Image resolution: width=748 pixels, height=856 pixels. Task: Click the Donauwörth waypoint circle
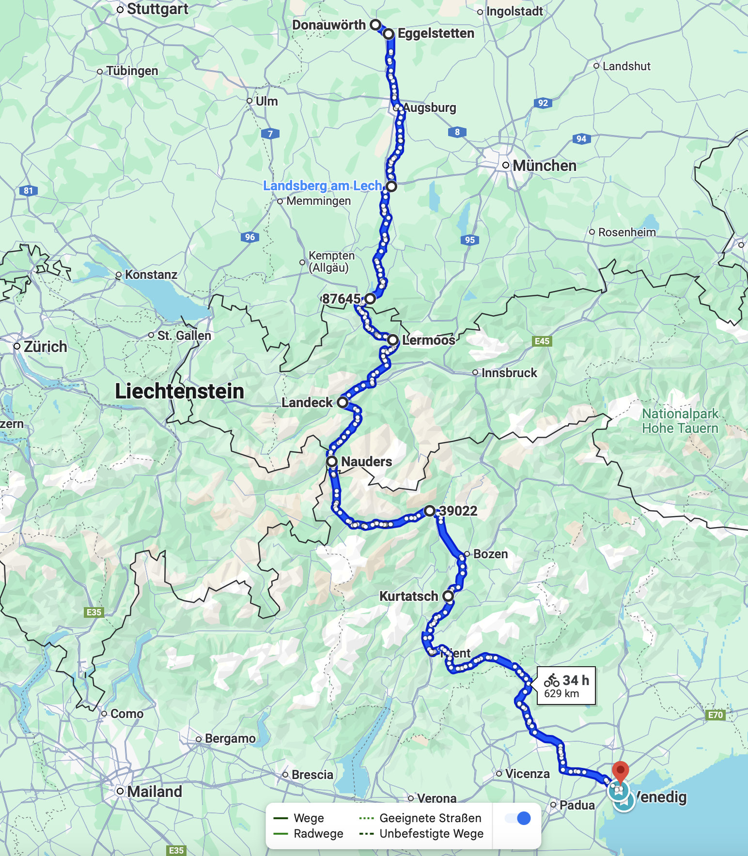(375, 25)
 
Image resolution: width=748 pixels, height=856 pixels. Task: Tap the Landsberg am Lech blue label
(322, 186)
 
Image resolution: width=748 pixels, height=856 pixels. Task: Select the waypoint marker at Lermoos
(393, 340)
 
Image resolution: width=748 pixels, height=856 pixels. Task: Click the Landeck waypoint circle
(343, 402)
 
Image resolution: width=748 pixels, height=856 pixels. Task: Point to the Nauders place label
(366, 462)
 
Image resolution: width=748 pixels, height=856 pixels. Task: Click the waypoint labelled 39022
(430, 511)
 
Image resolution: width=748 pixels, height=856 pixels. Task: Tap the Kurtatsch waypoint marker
(448, 596)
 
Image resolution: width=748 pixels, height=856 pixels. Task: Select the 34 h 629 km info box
(566, 686)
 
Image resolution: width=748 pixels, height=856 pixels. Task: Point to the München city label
(544, 166)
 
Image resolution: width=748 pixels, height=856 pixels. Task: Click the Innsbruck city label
(509, 373)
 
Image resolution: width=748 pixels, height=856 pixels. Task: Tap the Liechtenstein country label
(179, 391)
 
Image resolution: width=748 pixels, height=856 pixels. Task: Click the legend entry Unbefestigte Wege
(431, 834)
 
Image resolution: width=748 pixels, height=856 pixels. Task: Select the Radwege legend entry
(318, 834)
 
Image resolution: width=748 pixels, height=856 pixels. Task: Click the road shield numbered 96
(250, 237)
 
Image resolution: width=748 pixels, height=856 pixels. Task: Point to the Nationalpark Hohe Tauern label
(680, 421)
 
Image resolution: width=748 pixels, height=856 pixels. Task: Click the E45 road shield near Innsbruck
(542, 341)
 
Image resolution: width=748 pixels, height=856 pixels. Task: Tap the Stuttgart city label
(157, 9)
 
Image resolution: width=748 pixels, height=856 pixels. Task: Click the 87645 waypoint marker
(370, 299)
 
